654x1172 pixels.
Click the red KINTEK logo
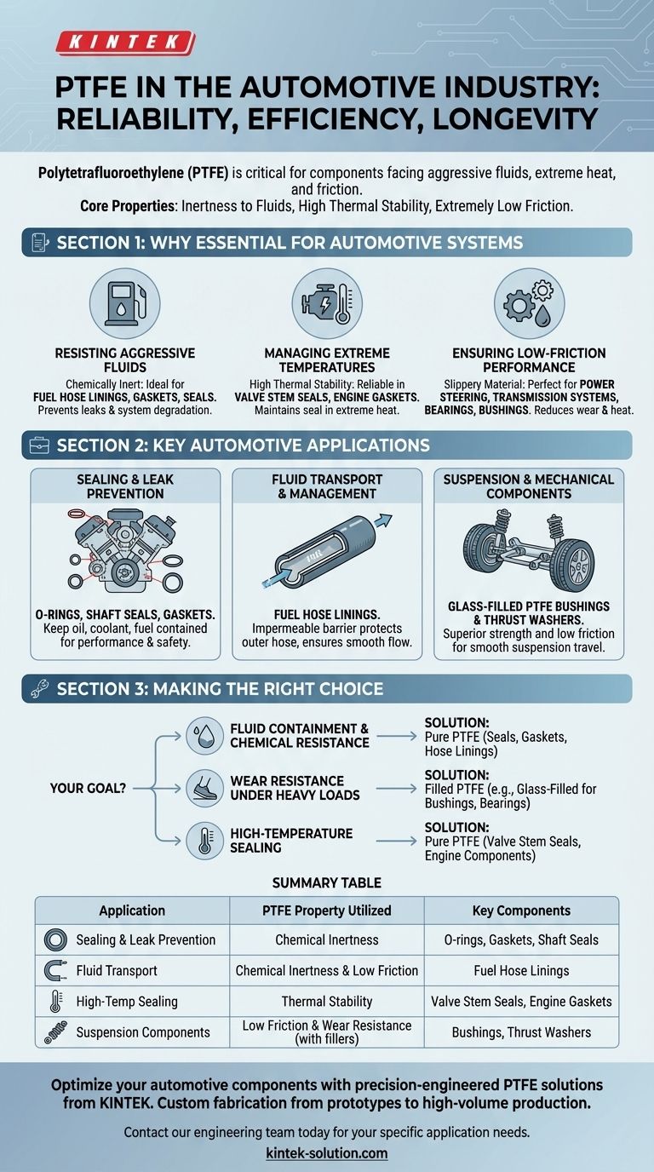point(125,43)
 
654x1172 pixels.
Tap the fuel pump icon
point(124,303)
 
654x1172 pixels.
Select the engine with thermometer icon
point(326,303)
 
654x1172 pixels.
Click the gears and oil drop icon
point(529,303)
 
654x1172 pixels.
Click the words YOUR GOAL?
point(88,788)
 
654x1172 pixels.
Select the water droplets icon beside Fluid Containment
point(204,736)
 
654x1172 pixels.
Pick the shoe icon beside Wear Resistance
point(204,788)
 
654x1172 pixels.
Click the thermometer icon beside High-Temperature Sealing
point(204,841)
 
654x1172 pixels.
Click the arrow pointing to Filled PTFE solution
point(396,789)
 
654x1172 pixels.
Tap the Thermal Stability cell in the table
point(327,1002)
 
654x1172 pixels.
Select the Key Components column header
point(521,911)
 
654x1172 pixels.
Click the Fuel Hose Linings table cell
point(521,971)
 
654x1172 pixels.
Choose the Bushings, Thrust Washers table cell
point(521,1032)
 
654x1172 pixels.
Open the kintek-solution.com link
point(327,1153)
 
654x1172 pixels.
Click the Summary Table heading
point(327,882)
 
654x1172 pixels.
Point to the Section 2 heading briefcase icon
point(39,445)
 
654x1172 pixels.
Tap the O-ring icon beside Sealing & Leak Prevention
point(55,940)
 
